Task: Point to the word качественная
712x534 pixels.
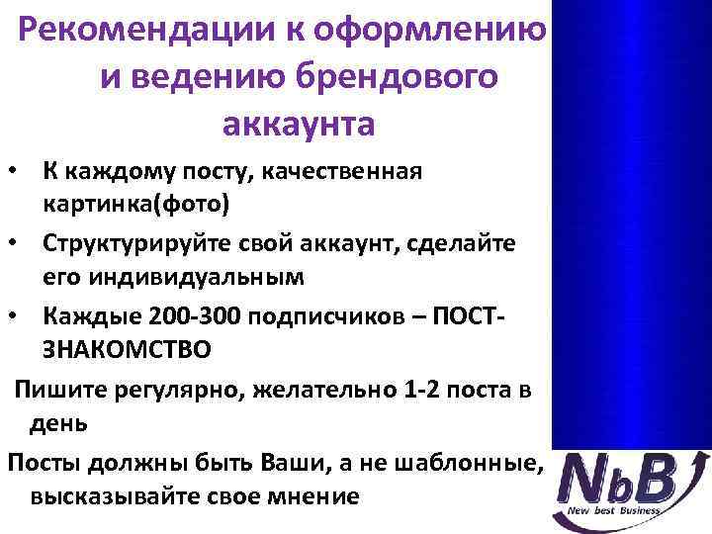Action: point(327,172)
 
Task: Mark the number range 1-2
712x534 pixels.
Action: point(404,388)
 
